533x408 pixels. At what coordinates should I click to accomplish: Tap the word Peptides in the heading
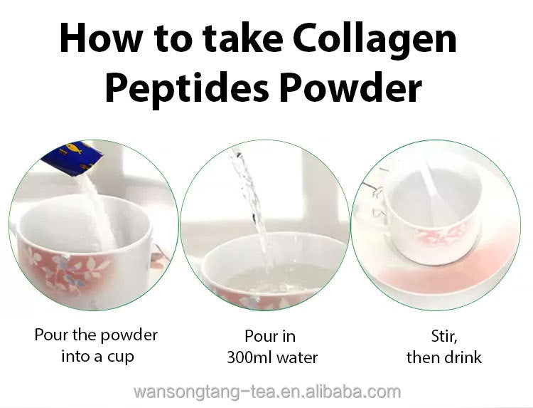(x=187, y=88)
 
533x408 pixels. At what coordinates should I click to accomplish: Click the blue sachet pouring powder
(x=73, y=157)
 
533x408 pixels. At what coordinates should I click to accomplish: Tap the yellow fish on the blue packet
(x=74, y=148)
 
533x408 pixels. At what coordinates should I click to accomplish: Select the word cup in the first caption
(x=121, y=357)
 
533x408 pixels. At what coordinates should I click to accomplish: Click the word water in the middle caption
(x=297, y=357)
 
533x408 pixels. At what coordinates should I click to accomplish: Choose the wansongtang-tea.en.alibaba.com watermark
(x=267, y=392)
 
